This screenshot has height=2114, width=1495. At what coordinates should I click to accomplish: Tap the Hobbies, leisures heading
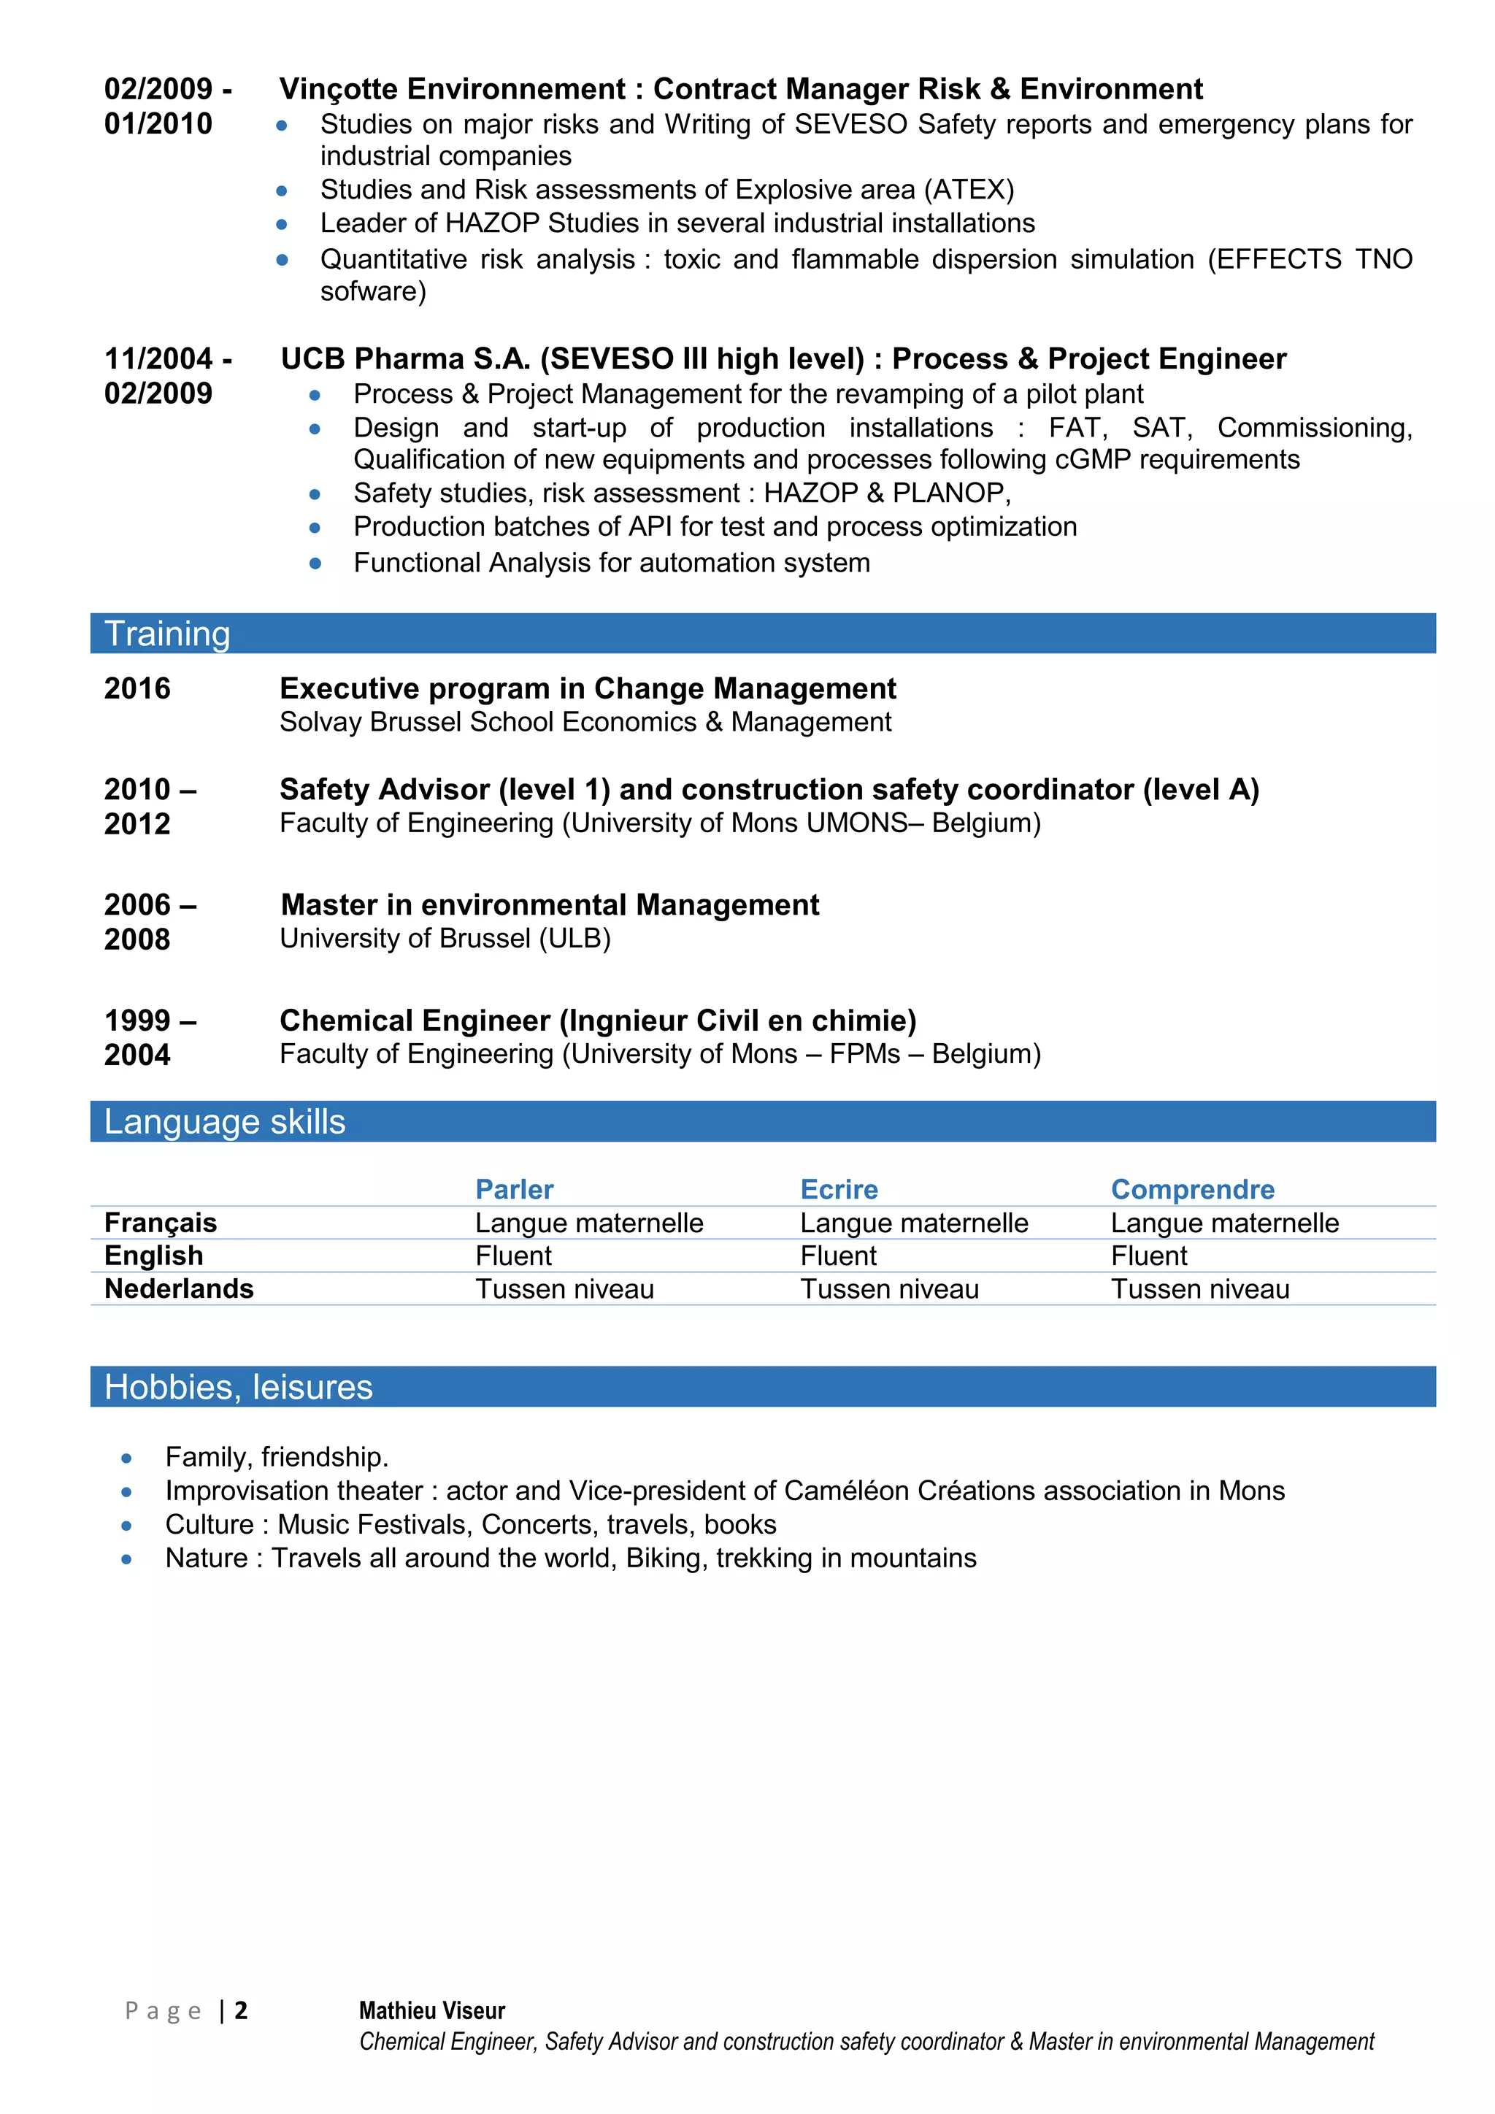[x=239, y=1387]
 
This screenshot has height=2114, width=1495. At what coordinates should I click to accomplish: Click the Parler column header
[x=514, y=1190]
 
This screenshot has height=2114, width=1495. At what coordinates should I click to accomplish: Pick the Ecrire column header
[x=839, y=1190]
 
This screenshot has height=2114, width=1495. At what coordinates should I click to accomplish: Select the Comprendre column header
[x=1192, y=1190]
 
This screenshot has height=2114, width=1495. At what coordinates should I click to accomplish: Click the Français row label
[x=160, y=1223]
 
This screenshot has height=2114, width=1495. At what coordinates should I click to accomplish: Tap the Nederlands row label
[x=179, y=1289]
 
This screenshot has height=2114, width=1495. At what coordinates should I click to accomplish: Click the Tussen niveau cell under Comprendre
[x=1199, y=1289]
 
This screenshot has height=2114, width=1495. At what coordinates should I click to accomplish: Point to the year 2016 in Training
[x=137, y=688]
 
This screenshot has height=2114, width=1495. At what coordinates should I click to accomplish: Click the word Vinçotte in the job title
[x=339, y=89]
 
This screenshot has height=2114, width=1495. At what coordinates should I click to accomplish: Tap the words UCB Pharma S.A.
[x=405, y=359]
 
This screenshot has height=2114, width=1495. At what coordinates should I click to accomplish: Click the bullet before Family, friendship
[x=127, y=1458]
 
